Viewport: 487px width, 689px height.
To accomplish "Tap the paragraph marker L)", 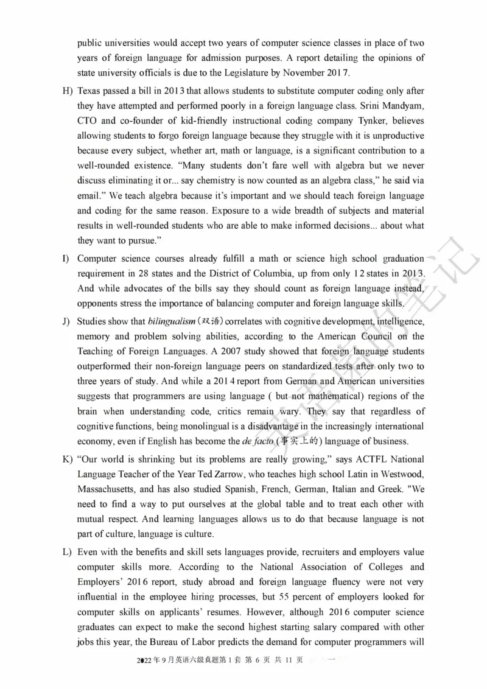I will [x=66, y=551].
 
